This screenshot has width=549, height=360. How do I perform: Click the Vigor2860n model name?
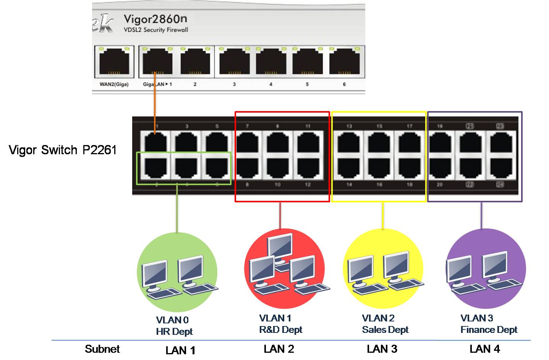pos(155,19)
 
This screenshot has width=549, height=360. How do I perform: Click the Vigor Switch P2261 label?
pos(62,150)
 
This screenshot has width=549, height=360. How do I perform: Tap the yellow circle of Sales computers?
pos(383,269)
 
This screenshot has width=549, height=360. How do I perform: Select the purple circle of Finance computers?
pos(486,269)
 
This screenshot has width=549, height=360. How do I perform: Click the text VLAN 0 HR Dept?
pos(174,326)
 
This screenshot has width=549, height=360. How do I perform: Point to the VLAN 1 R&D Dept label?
pos(280,324)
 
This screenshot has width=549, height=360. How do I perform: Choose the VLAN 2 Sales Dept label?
pos(385,324)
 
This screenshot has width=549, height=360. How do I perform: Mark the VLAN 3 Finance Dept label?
pos(489,324)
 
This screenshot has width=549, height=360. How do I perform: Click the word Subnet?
pos(102,349)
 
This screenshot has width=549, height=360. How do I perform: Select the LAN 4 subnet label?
pos(484,349)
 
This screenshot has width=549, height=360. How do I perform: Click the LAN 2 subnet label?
pos(279,349)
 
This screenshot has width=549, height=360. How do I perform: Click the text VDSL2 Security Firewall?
pos(156,30)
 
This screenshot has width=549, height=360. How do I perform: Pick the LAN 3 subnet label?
pos(382,349)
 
